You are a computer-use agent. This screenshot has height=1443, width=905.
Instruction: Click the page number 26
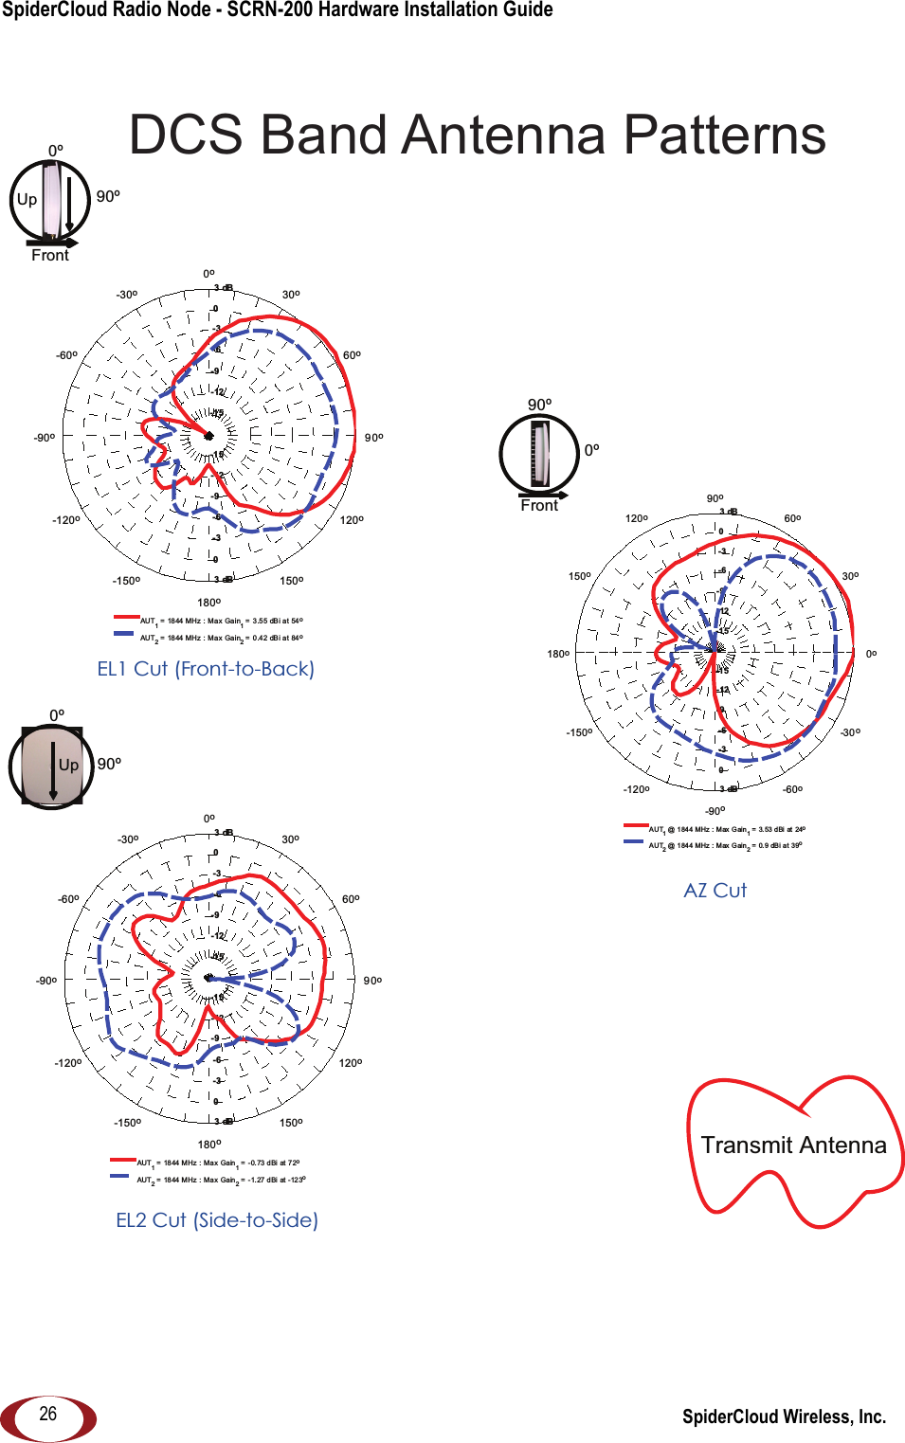[x=48, y=1414]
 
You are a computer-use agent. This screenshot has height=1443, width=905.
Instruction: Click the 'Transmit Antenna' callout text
[x=793, y=1145]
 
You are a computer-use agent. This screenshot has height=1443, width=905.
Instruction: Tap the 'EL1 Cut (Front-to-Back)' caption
[x=206, y=669]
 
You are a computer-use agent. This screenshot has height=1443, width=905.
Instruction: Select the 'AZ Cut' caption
[x=715, y=891]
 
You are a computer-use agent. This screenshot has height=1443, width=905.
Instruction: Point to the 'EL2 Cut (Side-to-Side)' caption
[x=217, y=1220]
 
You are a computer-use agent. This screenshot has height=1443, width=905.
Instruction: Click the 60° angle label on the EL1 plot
[x=352, y=355]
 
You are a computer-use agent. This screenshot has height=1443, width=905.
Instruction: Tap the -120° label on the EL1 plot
[x=66, y=520]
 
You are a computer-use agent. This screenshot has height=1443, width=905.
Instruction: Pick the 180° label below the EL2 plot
[x=209, y=1145]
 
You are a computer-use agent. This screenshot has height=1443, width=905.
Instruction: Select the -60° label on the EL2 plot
[x=68, y=899]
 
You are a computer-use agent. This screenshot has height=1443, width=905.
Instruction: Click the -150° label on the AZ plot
[x=579, y=732]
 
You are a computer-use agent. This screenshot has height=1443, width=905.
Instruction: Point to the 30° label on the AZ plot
[x=850, y=576]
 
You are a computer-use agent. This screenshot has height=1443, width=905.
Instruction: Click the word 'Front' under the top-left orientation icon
[x=50, y=256]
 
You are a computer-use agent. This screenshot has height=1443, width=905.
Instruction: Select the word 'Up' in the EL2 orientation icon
[x=68, y=766]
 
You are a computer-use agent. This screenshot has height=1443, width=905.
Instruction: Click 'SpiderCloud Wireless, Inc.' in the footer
[x=784, y=1416]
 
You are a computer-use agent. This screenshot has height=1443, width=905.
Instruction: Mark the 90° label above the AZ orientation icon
[x=539, y=406]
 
